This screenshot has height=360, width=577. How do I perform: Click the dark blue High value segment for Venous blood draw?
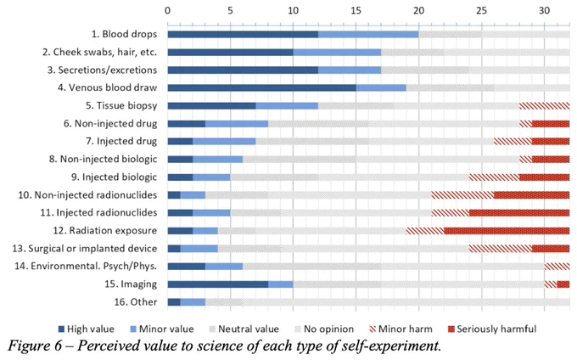[x=261, y=87]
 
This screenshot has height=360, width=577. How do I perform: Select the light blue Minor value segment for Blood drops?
[x=368, y=34]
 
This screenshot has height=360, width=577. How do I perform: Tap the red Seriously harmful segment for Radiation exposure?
[x=507, y=231]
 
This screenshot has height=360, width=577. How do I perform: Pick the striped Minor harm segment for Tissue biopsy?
[x=544, y=105]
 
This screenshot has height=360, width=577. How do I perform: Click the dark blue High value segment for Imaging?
[x=218, y=284]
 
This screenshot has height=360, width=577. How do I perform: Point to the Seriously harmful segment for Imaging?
[x=563, y=284]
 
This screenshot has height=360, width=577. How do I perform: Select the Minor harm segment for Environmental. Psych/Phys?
[x=557, y=266]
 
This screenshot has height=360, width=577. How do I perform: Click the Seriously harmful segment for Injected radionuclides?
[x=519, y=213]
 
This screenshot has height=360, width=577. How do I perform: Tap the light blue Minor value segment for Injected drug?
[x=224, y=141]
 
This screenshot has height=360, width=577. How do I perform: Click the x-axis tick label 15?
[x=356, y=10]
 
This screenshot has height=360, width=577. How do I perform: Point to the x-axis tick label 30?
[x=544, y=10]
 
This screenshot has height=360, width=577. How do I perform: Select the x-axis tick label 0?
[x=168, y=10]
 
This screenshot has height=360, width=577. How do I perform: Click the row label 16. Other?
[x=136, y=302]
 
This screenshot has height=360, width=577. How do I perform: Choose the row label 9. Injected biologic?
[x=114, y=177]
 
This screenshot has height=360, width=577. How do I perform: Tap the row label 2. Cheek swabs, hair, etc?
[x=99, y=53]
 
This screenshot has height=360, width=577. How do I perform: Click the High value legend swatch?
[x=61, y=329]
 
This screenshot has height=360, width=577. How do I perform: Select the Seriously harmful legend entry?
[x=492, y=329]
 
